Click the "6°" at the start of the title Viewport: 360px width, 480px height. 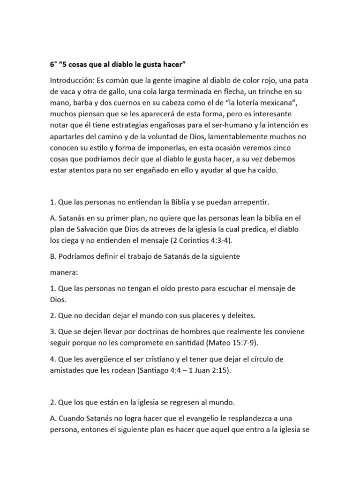click(x=54, y=64)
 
